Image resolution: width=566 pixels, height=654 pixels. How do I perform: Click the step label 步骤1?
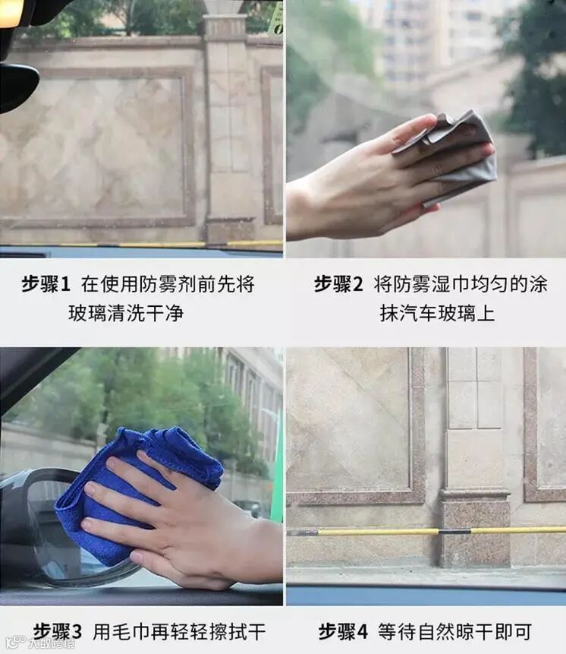tap(46, 284)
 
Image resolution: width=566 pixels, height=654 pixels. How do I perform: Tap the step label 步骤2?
tap(338, 284)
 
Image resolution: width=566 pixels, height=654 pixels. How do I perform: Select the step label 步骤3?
tap(58, 631)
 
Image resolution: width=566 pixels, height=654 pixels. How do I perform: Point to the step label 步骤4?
tap(343, 631)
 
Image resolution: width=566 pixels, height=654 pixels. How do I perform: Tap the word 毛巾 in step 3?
tap(130, 631)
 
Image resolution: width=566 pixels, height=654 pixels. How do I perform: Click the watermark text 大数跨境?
tap(51, 643)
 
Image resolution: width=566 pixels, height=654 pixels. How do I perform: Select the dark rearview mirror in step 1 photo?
tap(17, 86)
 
